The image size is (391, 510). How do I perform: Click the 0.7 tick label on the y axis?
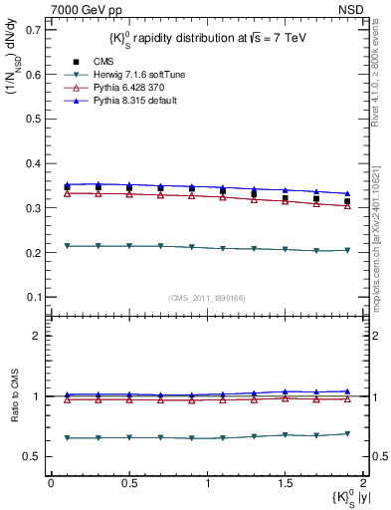[34, 30]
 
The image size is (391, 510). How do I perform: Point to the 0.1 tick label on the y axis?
[34, 297]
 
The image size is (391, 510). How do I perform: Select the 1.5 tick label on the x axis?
[286, 483]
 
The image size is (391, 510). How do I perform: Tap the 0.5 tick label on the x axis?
[129, 483]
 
